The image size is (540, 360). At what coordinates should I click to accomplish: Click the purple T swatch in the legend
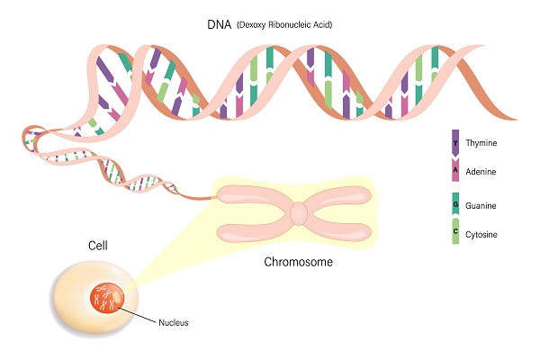[x=455, y=141]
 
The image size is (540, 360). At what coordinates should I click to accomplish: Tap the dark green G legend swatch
[x=455, y=205]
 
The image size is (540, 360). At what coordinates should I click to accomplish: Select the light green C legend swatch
[x=455, y=233]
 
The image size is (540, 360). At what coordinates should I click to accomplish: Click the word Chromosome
[x=299, y=264]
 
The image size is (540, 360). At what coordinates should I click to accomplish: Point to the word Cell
[x=98, y=245]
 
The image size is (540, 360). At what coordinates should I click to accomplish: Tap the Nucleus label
[x=174, y=321]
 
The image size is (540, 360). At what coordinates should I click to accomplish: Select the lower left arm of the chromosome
[x=254, y=230]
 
